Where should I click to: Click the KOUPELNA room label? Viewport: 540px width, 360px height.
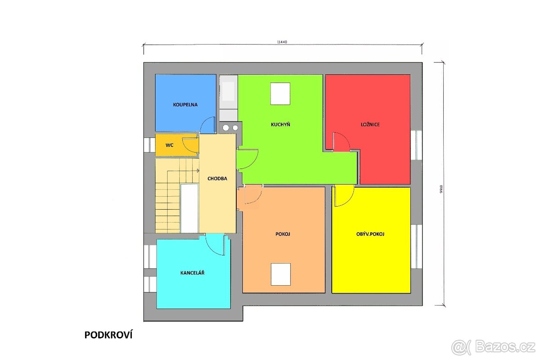click(x=185, y=105)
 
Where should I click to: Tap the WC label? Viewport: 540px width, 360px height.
click(x=169, y=145)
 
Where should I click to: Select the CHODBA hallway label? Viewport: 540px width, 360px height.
click(x=217, y=179)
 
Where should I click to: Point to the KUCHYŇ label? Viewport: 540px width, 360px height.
click(x=280, y=124)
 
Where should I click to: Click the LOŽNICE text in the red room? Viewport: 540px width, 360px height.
click(x=370, y=124)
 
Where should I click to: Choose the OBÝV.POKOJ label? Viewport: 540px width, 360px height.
click(x=370, y=234)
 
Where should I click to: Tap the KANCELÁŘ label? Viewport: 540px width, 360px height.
click(x=192, y=273)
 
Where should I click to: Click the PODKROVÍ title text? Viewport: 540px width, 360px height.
click(x=108, y=335)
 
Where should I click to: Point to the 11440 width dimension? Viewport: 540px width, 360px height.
click(x=282, y=42)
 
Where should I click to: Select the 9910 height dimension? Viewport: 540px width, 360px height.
click(x=441, y=189)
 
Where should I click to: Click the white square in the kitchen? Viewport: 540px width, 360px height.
click(x=280, y=94)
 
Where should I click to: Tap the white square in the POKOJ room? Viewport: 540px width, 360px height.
click(x=281, y=274)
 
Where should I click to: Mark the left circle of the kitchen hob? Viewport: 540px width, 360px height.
click(x=225, y=128)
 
